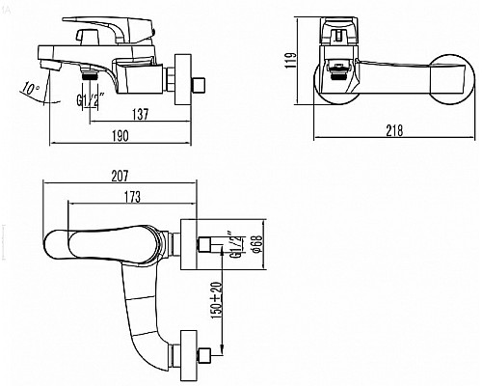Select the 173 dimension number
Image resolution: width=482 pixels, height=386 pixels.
tap(132, 197)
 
